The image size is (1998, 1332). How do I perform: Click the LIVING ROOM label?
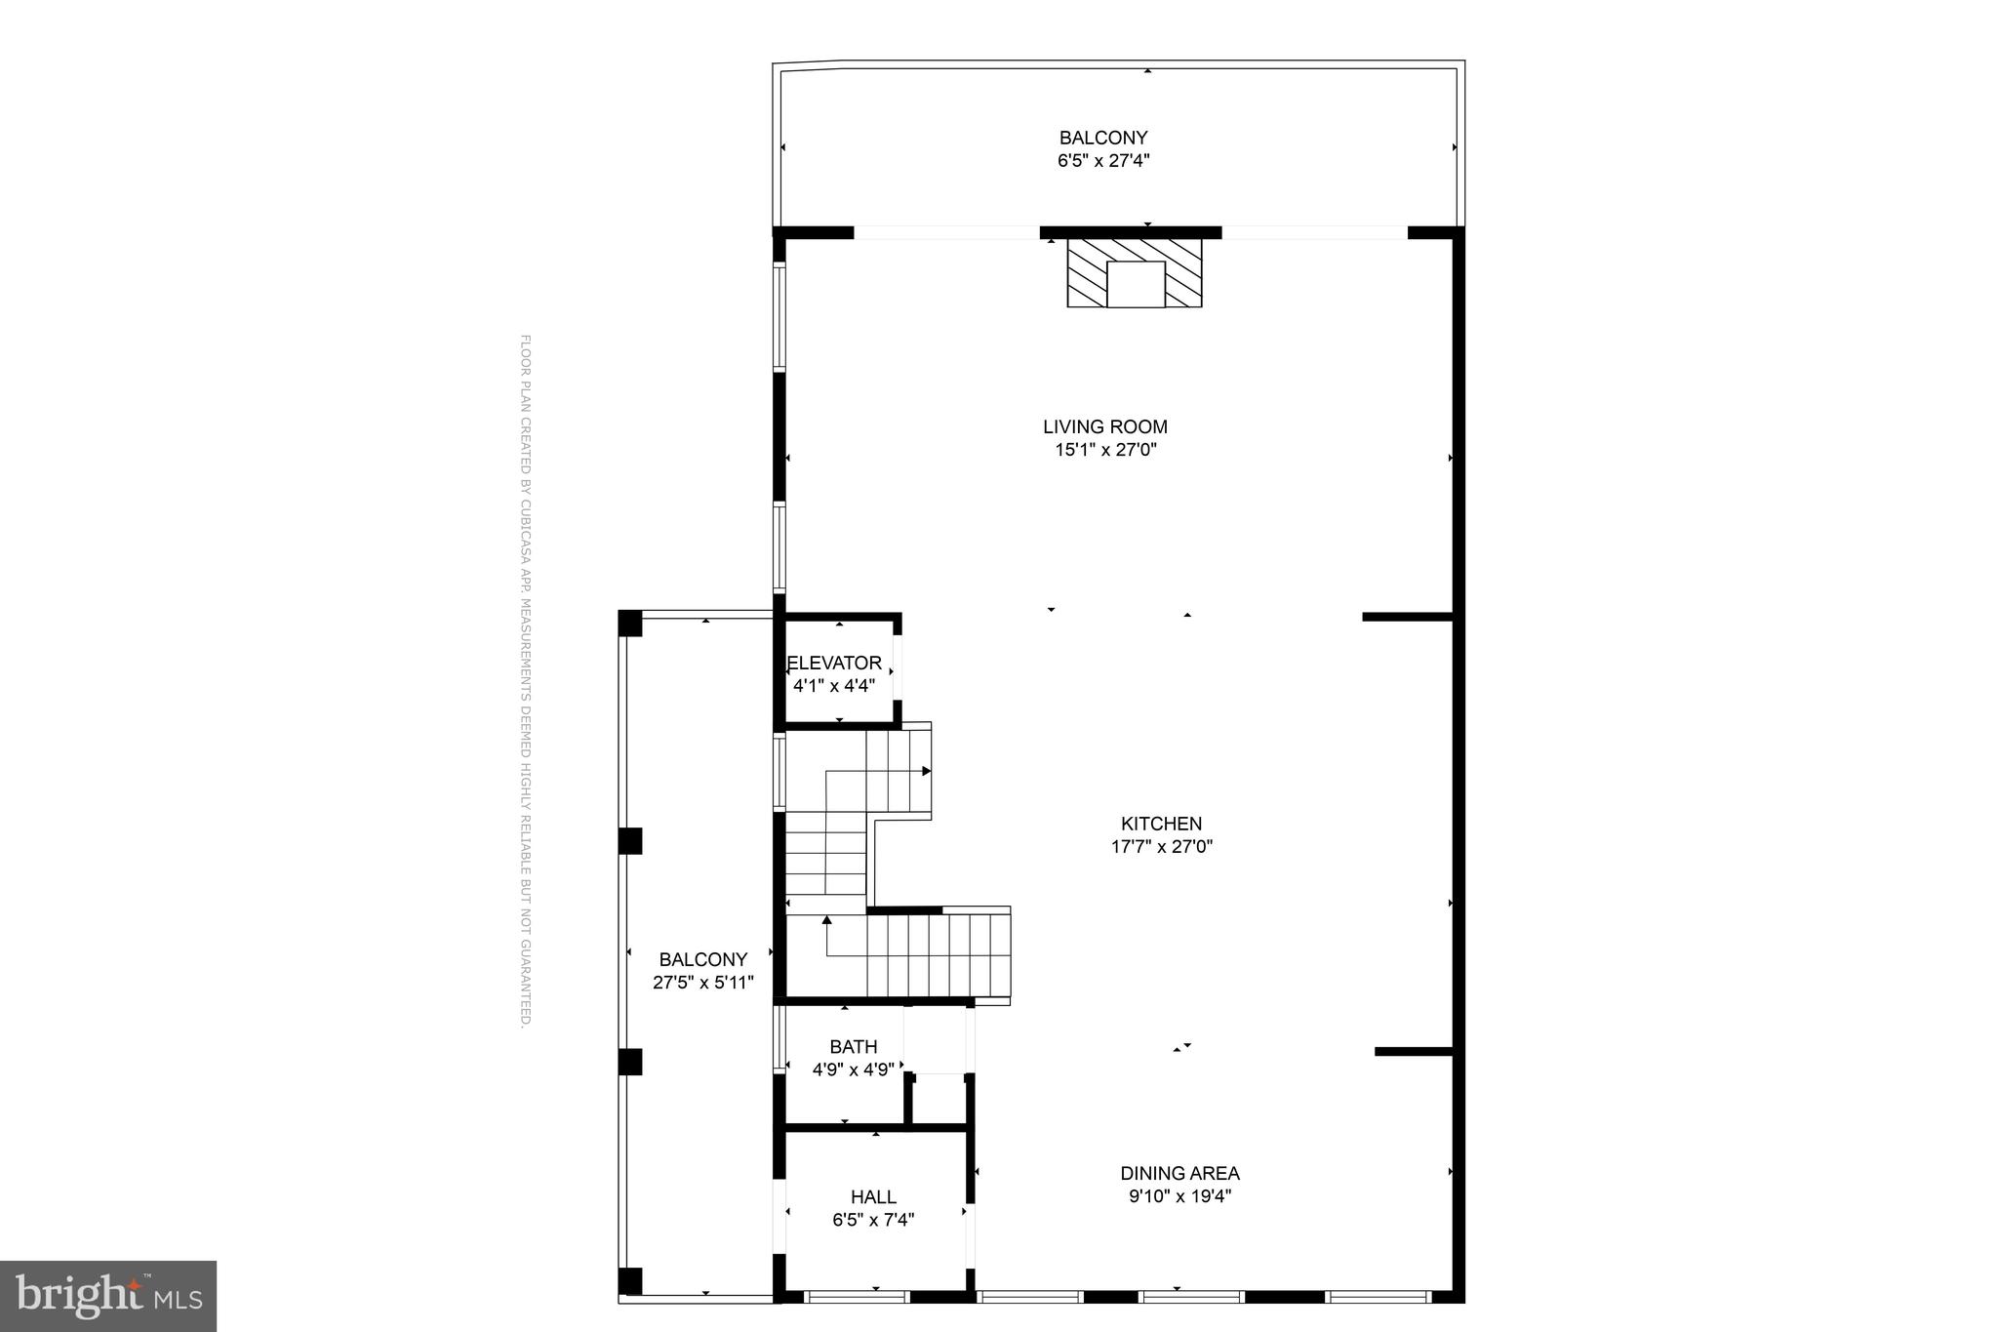[1104, 426]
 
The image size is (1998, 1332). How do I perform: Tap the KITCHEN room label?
[1161, 824]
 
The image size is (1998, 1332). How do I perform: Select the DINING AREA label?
[1179, 1173]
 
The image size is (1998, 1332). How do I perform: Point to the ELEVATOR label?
[834, 663]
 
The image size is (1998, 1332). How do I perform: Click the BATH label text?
[854, 1047]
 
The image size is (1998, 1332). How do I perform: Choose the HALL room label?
[873, 1196]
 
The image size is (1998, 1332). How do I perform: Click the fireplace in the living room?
[1135, 273]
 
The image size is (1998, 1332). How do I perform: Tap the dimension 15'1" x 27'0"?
[1104, 450]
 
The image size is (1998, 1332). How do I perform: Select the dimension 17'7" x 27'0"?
[1161, 847]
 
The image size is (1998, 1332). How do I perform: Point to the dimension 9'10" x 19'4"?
[1179, 1196]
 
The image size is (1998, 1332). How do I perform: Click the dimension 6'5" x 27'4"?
[1103, 161]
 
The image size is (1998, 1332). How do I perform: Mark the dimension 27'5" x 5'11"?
[702, 983]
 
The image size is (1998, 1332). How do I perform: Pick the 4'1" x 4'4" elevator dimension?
[834, 686]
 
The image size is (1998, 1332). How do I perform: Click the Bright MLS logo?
[108, 1296]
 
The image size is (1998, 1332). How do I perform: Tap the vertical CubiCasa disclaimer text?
[525, 681]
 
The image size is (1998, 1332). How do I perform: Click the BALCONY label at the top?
[1103, 138]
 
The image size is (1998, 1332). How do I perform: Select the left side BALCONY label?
[702, 959]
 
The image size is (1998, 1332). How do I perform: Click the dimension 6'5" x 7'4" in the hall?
[873, 1220]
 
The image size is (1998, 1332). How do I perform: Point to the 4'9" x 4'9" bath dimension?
[854, 1070]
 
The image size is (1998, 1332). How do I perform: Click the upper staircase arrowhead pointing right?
[927, 771]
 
